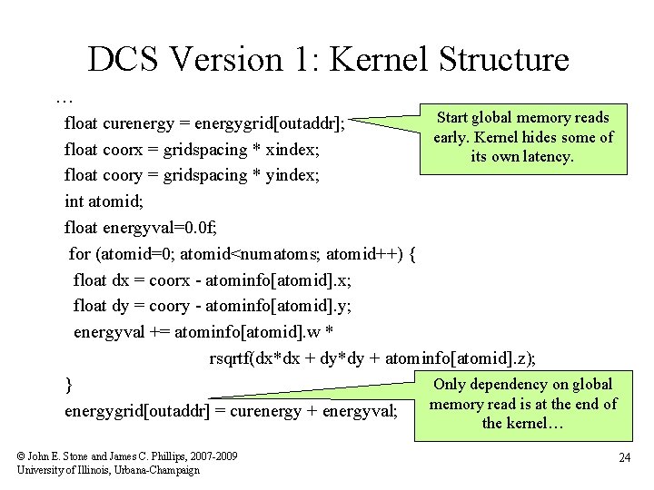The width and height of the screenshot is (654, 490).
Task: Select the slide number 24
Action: [624, 458]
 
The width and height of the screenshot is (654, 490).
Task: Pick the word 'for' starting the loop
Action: [80, 254]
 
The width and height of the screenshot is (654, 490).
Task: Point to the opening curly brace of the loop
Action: [413, 254]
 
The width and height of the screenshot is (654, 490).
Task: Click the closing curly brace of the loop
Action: [69, 385]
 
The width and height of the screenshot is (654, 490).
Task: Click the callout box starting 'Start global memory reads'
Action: [522, 137]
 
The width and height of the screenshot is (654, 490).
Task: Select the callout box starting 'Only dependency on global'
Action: [522, 404]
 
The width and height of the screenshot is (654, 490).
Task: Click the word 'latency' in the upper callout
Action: [547, 157]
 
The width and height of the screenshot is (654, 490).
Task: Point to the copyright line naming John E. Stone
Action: [127, 456]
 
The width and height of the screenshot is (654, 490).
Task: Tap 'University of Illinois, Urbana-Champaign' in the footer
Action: [108, 469]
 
